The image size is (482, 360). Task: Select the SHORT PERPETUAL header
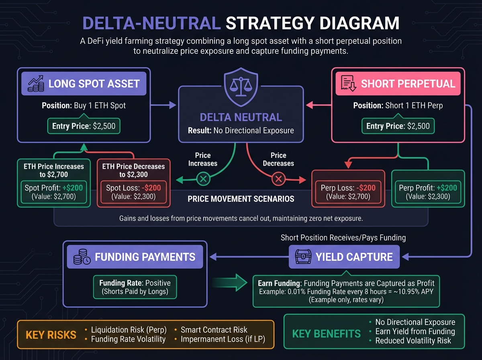(398, 84)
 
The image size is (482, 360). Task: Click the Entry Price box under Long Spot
(84, 126)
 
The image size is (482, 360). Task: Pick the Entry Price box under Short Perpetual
(398, 126)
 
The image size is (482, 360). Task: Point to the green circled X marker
(203, 179)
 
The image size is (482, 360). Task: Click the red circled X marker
(278, 179)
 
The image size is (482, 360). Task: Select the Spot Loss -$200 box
(134, 192)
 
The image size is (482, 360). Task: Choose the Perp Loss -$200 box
(348, 192)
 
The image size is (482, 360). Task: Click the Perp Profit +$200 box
(428, 192)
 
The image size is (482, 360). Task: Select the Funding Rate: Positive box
(135, 286)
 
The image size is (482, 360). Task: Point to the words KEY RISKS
(51, 335)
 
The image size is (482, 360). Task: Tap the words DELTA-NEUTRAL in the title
(151, 24)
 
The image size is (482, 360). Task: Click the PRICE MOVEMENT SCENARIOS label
(241, 198)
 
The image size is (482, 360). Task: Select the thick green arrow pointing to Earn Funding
(229, 283)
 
